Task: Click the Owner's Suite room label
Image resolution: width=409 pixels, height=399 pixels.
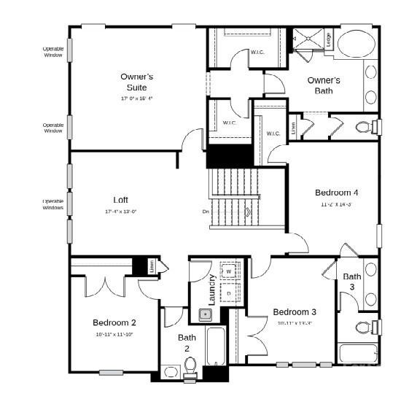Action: [x=136, y=82]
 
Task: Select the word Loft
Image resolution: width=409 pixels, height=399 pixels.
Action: [x=120, y=200]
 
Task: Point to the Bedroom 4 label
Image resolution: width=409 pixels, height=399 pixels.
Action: [x=336, y=193]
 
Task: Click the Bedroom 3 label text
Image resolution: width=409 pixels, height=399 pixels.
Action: [x=295, y=312]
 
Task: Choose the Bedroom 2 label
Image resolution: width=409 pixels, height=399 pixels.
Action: [x=114, y=322]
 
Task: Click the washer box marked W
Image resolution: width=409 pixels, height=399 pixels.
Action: [x=228, y=271]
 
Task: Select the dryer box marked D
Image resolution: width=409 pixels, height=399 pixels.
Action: [x=228, y=293]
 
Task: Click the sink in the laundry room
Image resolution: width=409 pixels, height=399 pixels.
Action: [x=206, y=315]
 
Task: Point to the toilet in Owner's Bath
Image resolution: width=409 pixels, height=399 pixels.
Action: [x=365, y=128]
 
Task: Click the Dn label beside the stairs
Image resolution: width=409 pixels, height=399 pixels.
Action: [x=206, y=212]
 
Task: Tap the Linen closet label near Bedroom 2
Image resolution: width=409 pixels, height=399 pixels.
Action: [x=152, y=268]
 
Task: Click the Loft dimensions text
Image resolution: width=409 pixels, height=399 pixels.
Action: [x=120, y=212]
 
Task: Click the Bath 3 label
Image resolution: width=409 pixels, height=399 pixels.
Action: [x=352, y=282]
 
